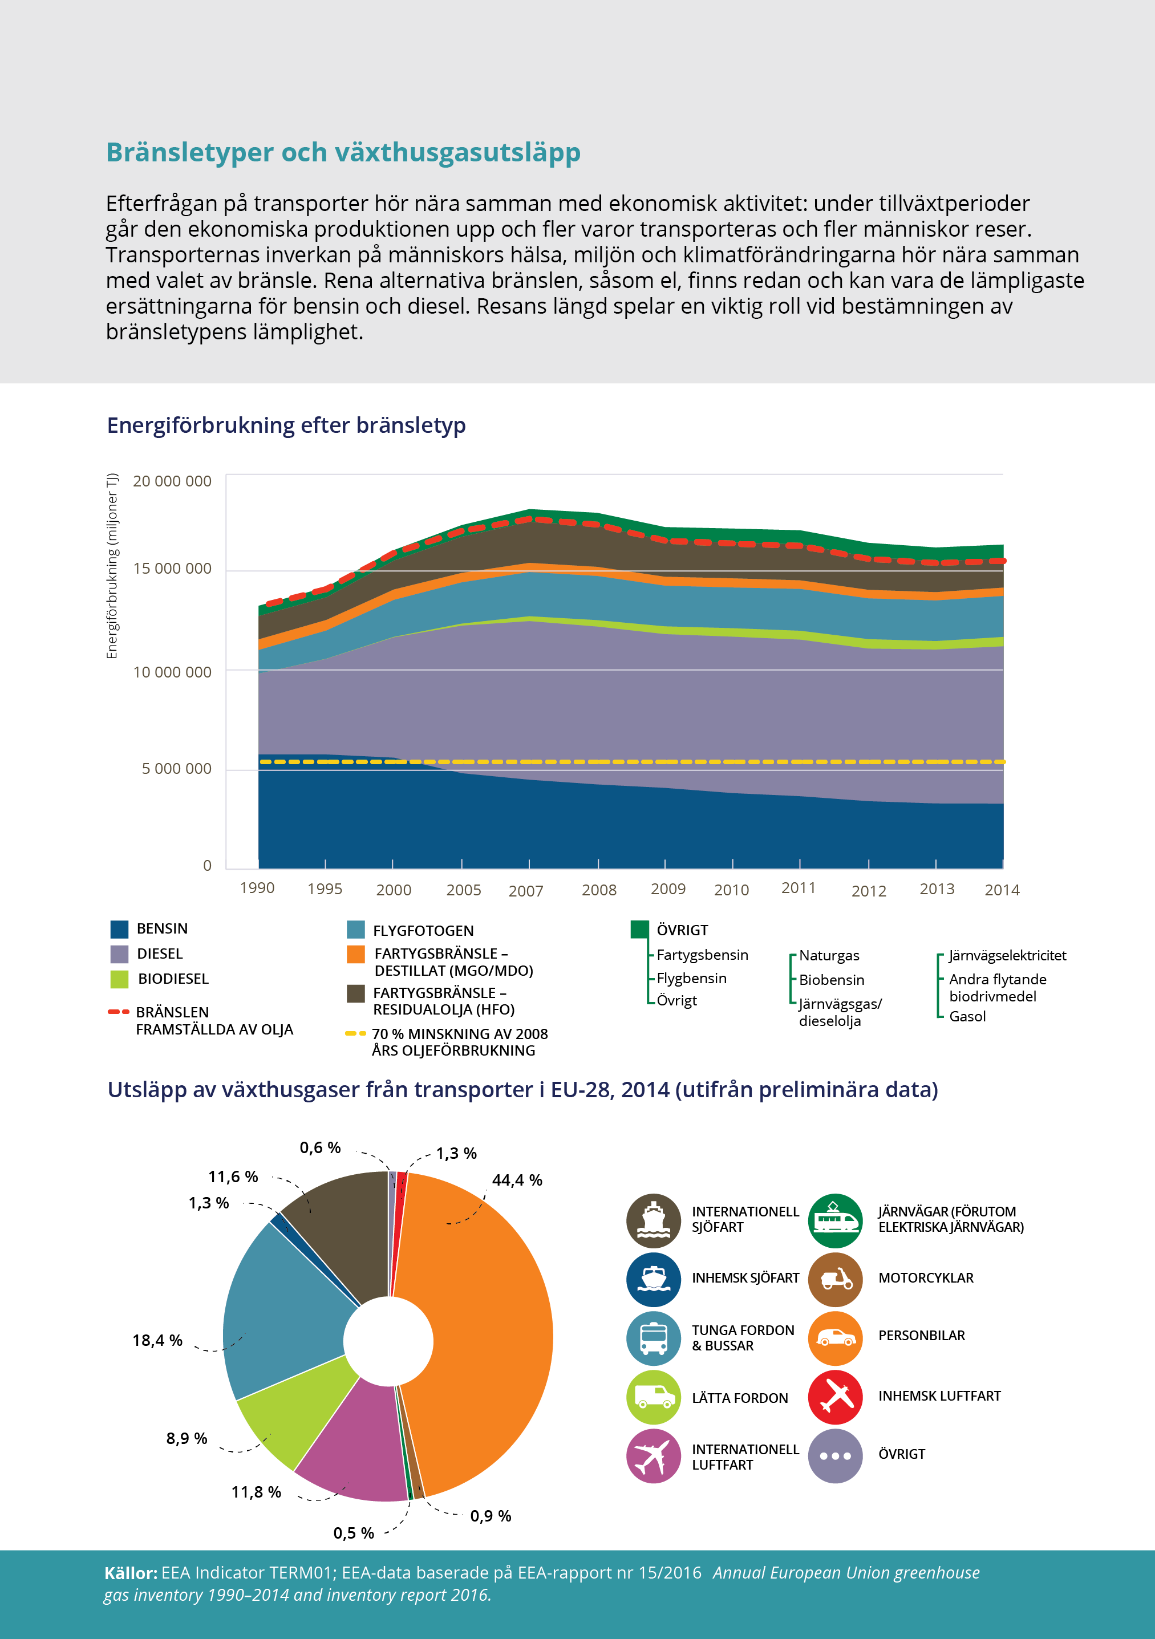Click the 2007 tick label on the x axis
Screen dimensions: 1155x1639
(x=525, y=891)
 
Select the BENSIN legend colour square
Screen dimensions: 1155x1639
(x=119, y=929)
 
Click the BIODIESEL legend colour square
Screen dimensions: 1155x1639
(x=119, y=979)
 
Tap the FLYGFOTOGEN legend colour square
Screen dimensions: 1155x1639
(x=355, y=930)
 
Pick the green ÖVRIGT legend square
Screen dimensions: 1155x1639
(x=639, y=929)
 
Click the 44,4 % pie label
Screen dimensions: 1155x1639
(x=517, y=1180)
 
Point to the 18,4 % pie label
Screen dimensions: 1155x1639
(x=157, y=1340)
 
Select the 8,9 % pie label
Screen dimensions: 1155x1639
(x=187, y=1438)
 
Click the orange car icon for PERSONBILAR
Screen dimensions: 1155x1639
(x=835, y=1338)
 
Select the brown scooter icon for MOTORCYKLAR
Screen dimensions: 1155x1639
(x=835, y=1279)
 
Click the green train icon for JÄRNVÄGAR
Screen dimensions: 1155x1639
(x=835, y=1220)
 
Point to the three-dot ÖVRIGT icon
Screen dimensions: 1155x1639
(x=835, y=1455)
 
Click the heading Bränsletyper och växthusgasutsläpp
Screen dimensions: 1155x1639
(x=343, y=152)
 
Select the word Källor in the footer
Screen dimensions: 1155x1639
(x=131, y=1573)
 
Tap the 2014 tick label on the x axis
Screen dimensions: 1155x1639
(x=1002, y=890)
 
